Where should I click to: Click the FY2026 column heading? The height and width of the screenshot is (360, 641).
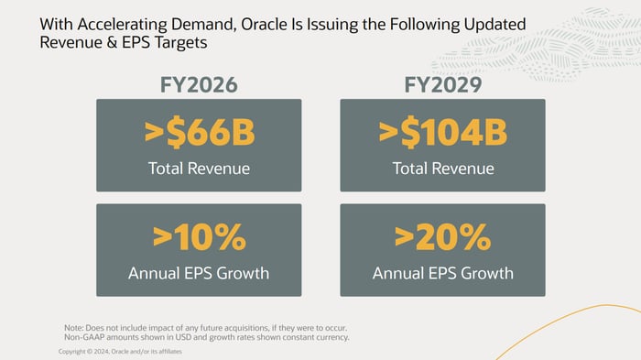click(199, 85)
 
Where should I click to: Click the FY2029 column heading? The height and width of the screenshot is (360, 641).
click(442, 85)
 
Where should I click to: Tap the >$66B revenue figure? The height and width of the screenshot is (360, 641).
click(199, 133)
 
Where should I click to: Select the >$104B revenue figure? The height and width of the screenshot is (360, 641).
click(442, 133)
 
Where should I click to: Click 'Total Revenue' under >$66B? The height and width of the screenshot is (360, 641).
click(199, 169)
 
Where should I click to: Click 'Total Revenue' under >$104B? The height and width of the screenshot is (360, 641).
click(442, 169)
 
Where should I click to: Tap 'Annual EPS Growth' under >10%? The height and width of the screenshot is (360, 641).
click(199, 273)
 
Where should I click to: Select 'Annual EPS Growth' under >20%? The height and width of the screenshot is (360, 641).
click(442, 273)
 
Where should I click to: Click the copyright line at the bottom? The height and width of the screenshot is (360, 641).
click(120, 352)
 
